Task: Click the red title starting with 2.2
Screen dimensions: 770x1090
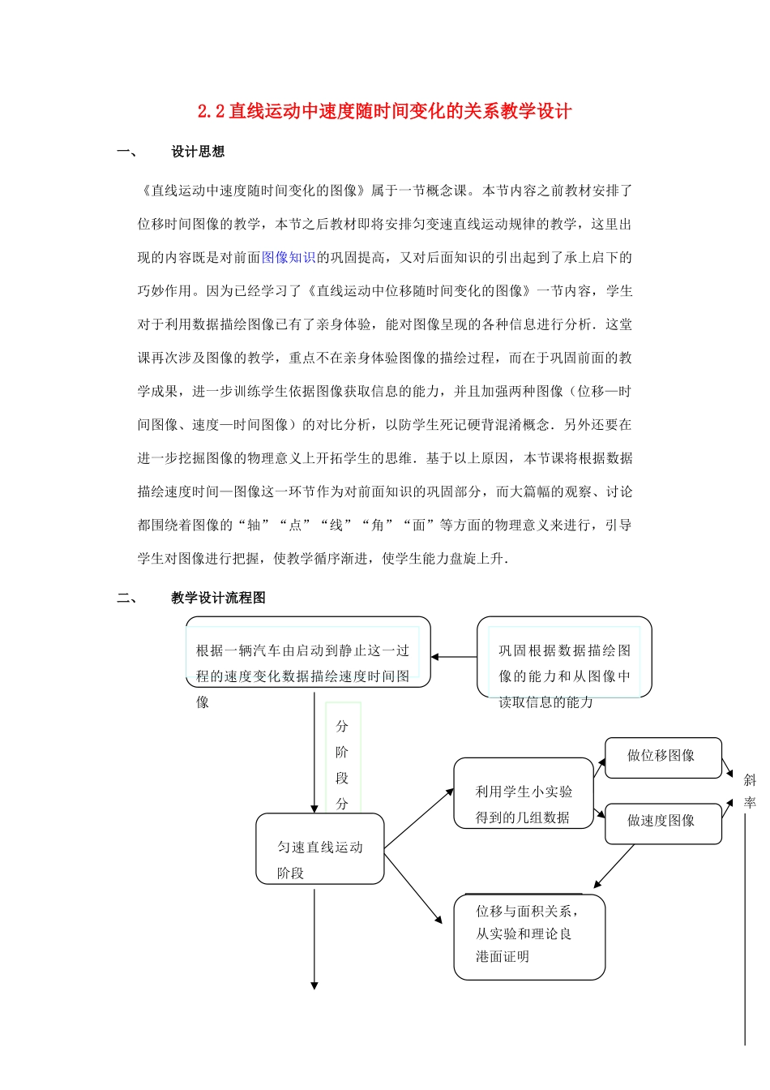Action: (x=384, y=111)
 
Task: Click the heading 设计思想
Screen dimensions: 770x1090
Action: (x=198, y=152)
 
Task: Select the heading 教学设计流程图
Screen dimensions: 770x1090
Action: (x=218, y=598)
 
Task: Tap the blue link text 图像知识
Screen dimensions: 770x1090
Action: (x=289, y=257)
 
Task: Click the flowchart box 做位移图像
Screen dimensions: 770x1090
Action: (x=662, y=757)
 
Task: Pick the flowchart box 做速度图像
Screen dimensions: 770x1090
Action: (x=662, y=822)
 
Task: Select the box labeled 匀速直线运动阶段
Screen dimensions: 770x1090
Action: (x=320, y=849)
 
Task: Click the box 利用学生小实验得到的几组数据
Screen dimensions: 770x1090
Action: (x=524, y=794)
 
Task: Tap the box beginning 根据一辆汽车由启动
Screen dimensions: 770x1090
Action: (x=308, y=653)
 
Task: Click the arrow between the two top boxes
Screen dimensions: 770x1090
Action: (x=454, y=657)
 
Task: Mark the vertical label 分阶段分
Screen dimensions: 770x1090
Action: (x=342, y=764)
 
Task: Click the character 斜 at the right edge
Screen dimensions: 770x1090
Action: (x=750, y=780)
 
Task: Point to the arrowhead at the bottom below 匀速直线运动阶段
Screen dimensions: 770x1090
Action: (x=314, y=985)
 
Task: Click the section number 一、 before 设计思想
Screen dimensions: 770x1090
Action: (x=127, y=152)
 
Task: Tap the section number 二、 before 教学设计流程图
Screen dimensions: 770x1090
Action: (x=127, y=598)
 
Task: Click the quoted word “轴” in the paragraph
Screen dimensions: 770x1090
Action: (x=254, y=525)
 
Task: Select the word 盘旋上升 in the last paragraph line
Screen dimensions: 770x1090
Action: (x=477, y=558)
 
